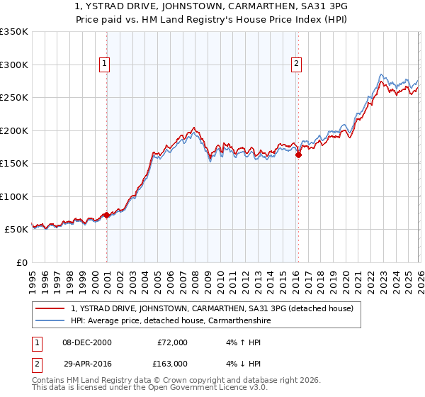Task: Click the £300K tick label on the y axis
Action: (14, 65)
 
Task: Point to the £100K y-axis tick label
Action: (14, 196)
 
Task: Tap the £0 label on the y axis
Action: (22, 263)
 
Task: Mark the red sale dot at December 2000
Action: (106, 215)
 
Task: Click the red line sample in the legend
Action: (50, 308)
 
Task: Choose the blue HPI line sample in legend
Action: (50, 320)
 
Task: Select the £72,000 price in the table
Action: (172, 342)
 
